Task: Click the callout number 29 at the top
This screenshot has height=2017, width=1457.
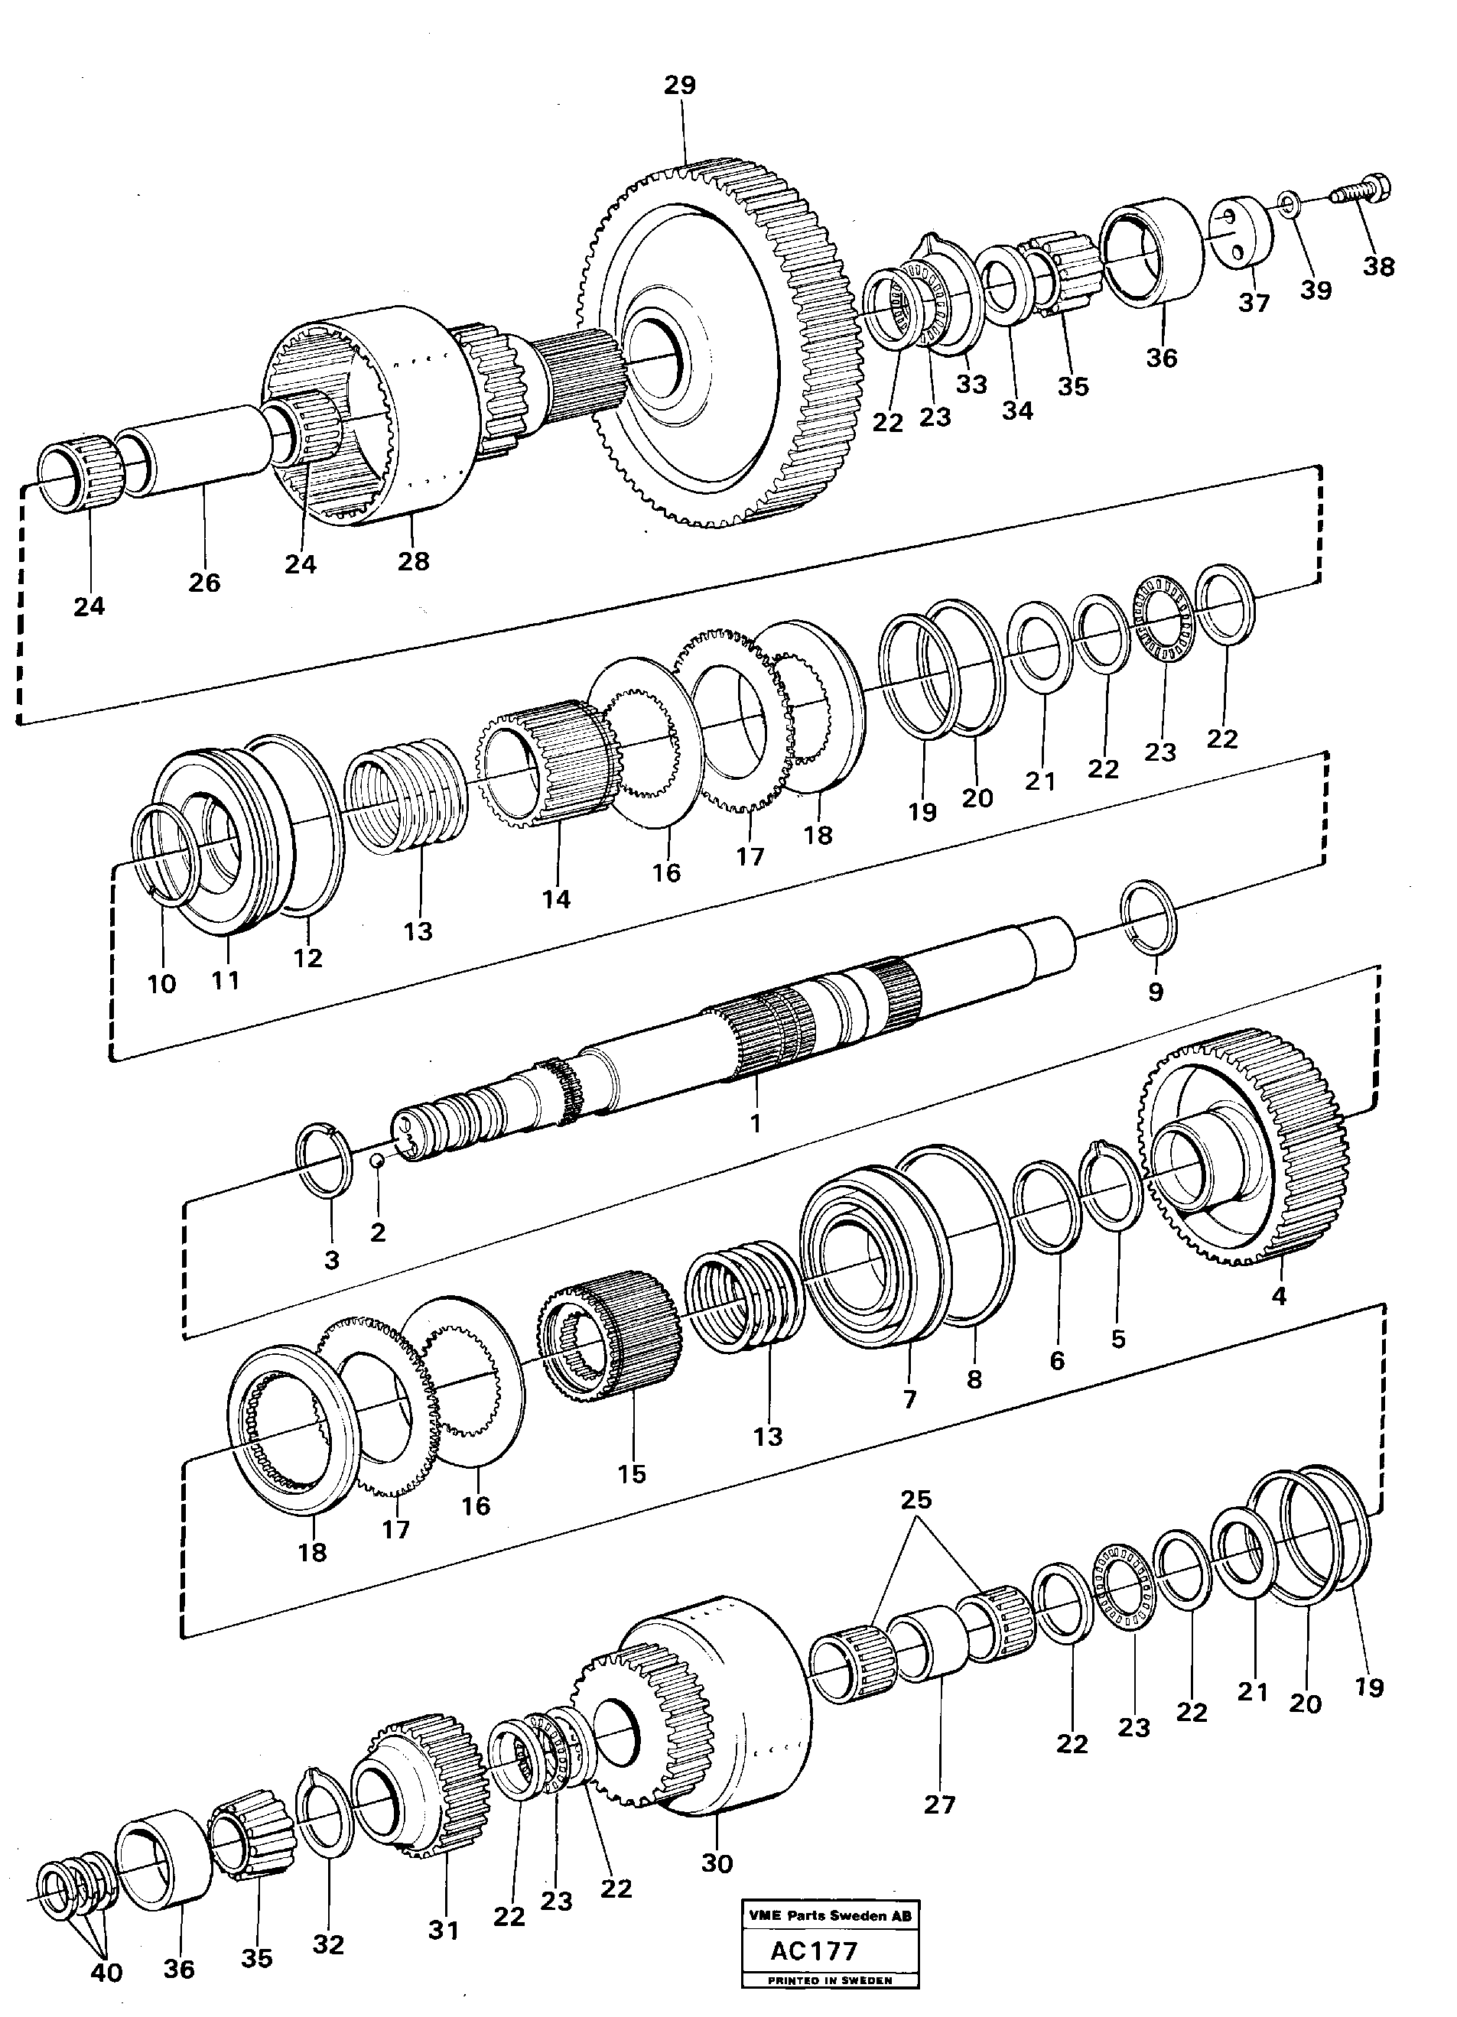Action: pos(680,86)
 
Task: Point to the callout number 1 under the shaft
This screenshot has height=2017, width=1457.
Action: pos(755,1123)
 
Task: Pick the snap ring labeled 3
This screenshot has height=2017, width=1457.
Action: pos(324,1160)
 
